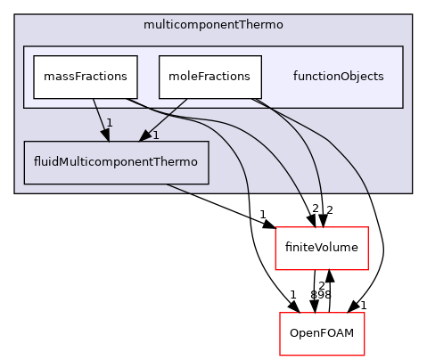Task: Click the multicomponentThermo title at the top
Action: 213,25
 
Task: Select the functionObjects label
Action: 338,77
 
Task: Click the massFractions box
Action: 86,77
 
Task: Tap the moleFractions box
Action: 209,77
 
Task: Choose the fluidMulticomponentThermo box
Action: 116,162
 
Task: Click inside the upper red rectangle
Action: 321,248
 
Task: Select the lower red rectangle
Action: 322,333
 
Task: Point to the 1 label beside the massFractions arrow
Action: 109,122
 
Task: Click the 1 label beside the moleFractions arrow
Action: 154,135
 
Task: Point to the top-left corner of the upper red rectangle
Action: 275,227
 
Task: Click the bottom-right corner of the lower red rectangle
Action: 365,355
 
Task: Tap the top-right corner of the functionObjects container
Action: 403,46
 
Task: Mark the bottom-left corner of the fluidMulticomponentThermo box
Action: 24,184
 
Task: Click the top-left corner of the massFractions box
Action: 34,55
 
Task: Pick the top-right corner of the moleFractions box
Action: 261,55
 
